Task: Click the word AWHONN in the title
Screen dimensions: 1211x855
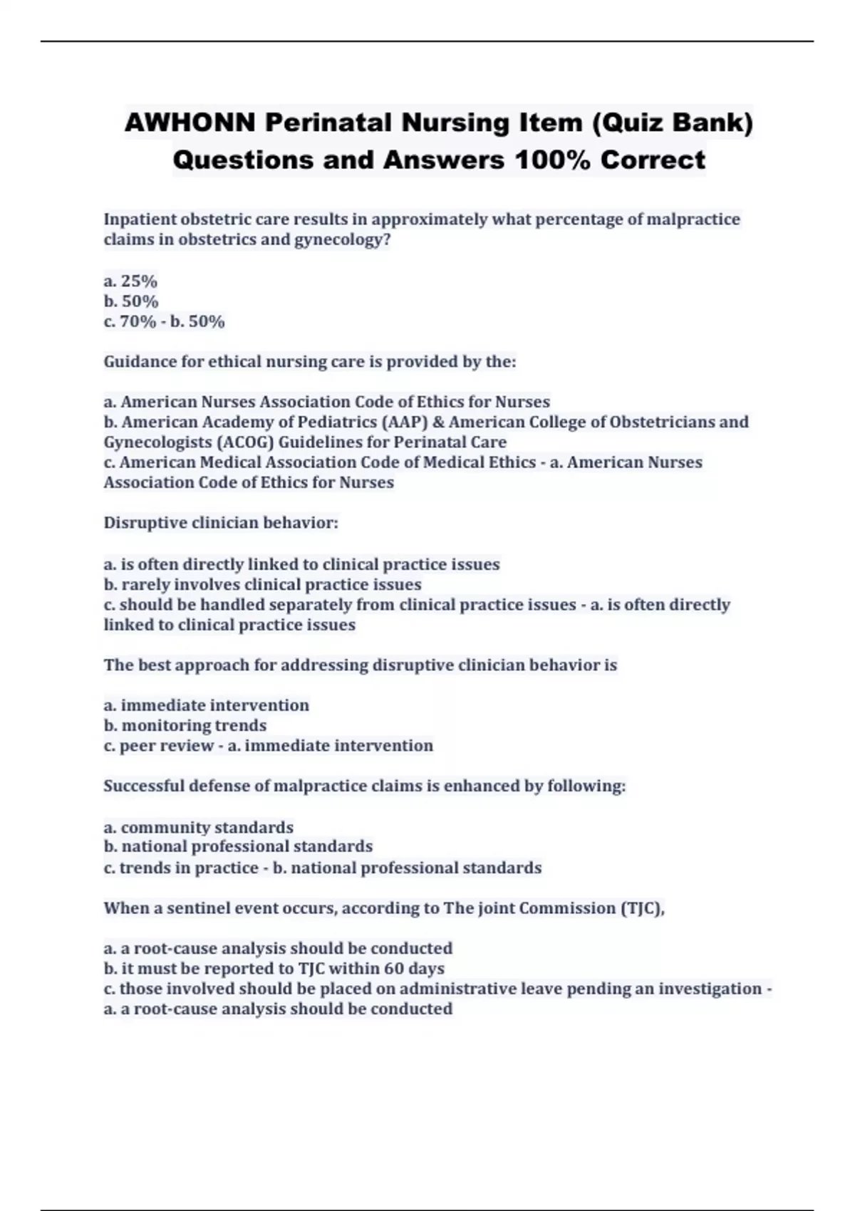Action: (x=190, y=123)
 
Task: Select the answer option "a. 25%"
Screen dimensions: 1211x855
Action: (x=130, y=281)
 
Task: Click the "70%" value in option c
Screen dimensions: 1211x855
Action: (x=138, y=322)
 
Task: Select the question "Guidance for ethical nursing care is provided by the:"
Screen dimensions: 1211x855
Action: (x=309, y=362)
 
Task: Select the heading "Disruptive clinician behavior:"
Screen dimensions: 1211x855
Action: (x=221, y=523)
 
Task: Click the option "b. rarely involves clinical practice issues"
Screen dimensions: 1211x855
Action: (x=262, y=585)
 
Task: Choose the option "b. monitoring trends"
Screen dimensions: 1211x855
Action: (x=185, y=726)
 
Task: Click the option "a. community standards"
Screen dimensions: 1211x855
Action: (x=198, y=828)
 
